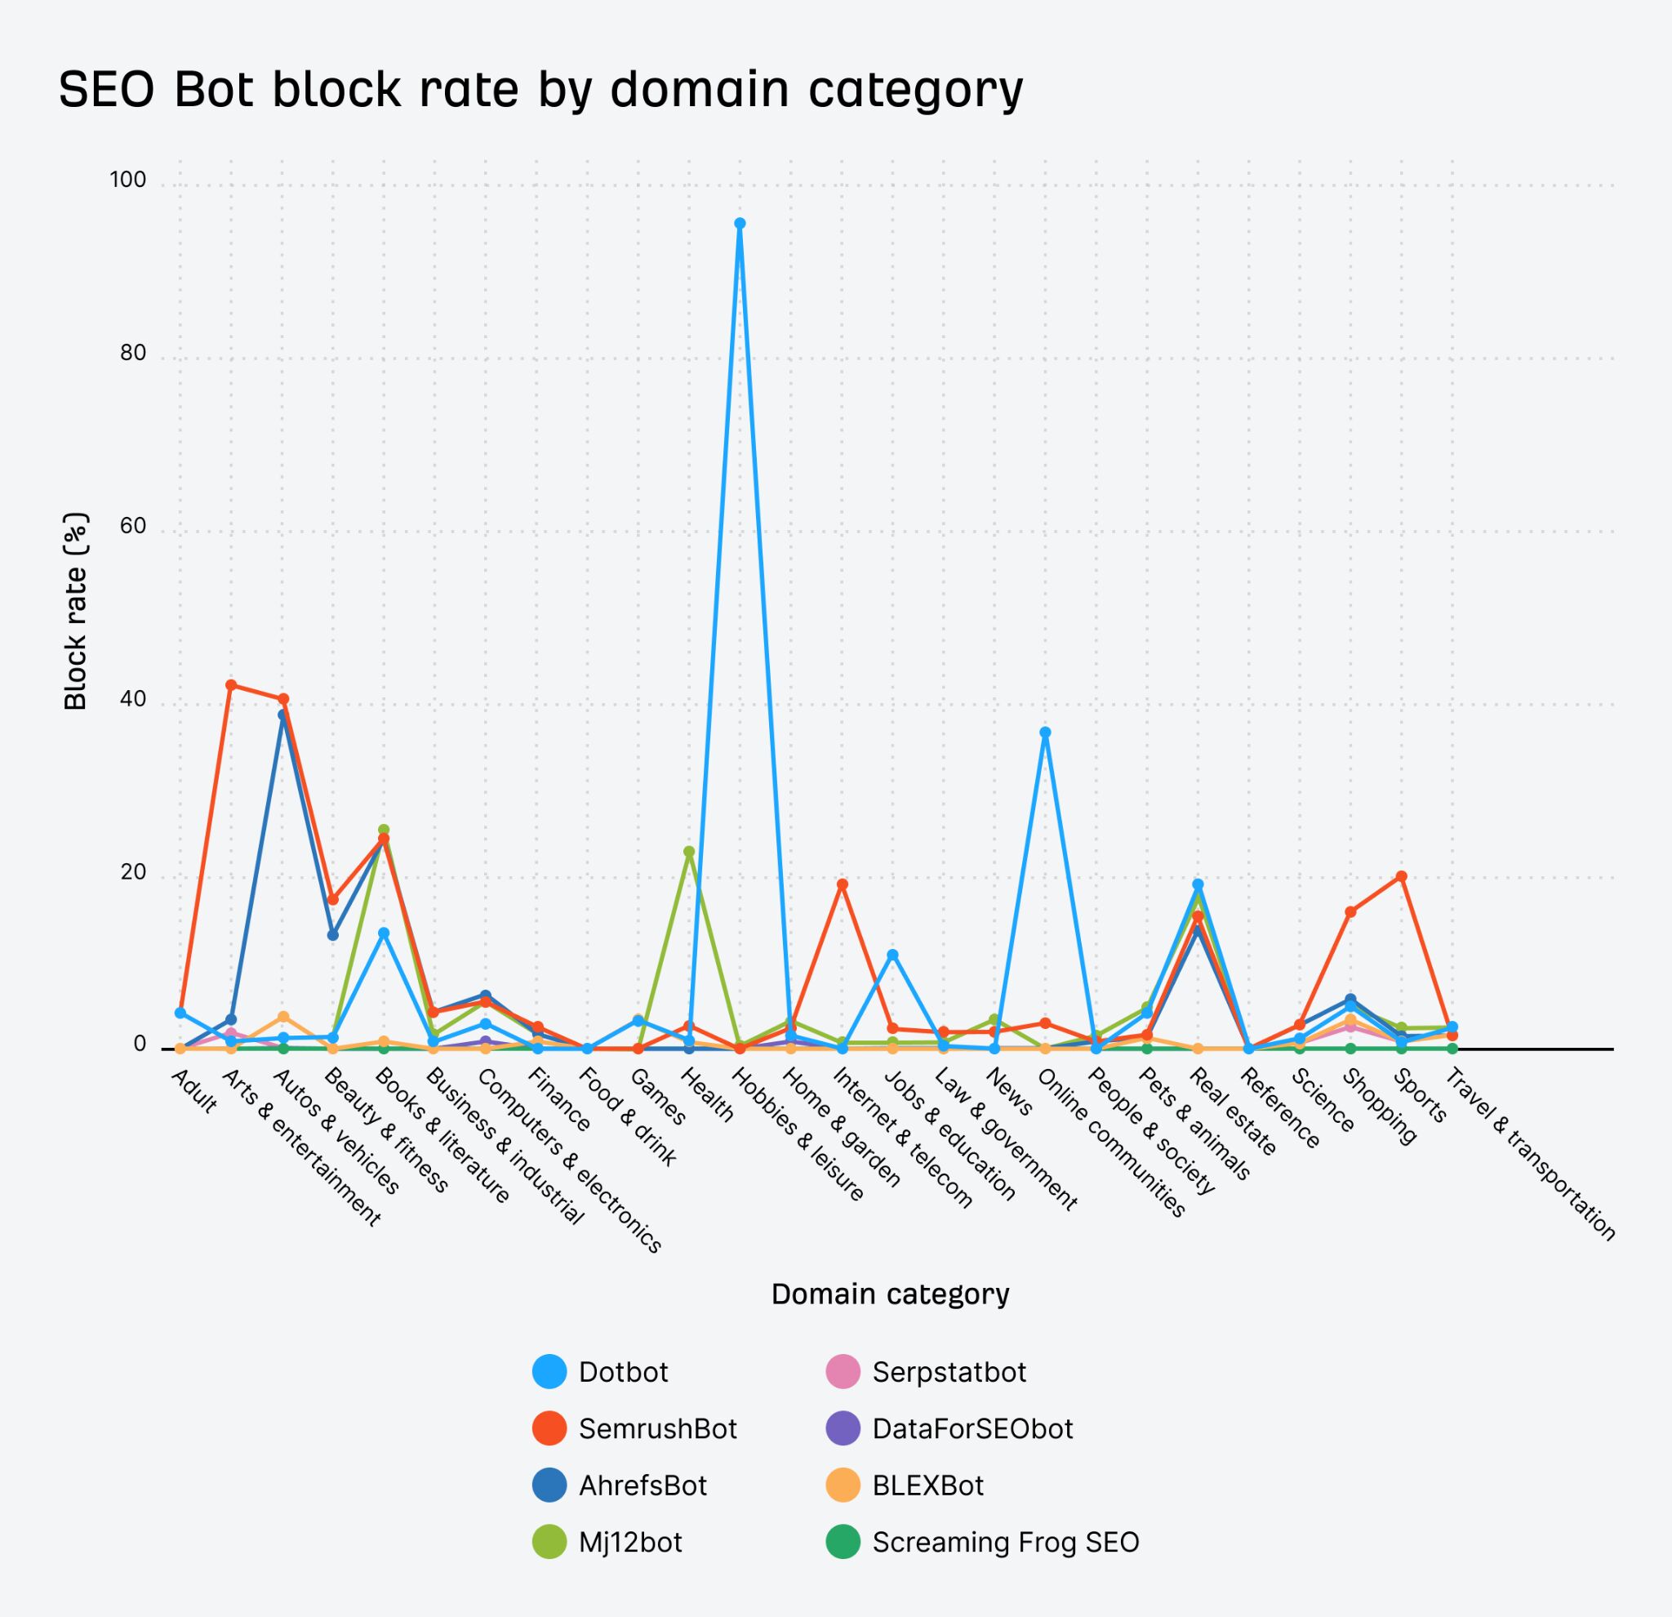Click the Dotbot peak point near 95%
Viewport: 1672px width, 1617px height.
coord(740,224)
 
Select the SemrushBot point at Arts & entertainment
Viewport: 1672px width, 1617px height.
coord(230,684)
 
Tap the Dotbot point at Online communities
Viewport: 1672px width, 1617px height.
coord(1045,732)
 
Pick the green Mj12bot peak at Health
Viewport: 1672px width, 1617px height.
coord(689,851)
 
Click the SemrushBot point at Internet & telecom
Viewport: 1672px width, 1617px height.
coord(842,884)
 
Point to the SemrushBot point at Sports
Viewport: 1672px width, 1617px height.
coord(1401,876)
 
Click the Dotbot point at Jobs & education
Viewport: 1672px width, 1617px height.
coord(892,955)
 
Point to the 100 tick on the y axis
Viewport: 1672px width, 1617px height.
coord(128,180)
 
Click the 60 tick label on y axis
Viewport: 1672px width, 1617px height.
coord(133,527)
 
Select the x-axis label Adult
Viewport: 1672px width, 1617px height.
coord(193,1091)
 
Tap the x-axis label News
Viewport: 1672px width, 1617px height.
coord(1009,1092)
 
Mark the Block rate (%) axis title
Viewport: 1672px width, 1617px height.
coord(76,611)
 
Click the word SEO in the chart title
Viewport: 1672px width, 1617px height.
coord(107,89)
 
